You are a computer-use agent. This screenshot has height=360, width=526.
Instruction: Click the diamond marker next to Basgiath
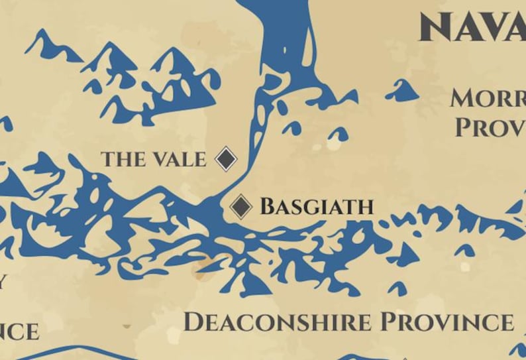241,206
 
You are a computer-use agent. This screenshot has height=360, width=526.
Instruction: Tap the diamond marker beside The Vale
226,159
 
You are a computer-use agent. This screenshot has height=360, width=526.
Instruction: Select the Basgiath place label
317,207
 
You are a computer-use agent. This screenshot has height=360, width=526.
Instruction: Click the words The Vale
153,159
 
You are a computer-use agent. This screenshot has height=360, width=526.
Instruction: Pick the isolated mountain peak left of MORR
402,91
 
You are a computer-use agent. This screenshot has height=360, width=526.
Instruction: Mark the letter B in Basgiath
268,207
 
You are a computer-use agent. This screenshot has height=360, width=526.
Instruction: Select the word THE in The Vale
122,159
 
